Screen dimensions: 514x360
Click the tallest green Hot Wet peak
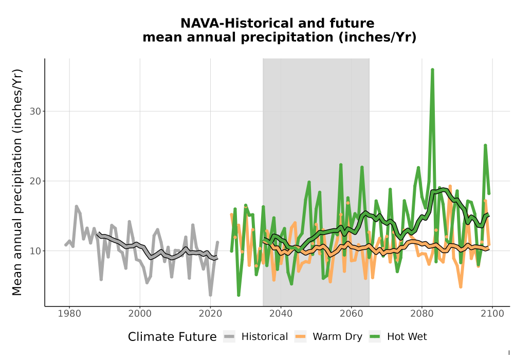(x=432, y=69)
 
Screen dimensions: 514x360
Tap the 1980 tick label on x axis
(x=69, y=314)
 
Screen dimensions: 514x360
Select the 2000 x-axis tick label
(x=140, y=314)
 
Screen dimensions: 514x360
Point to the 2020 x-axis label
(x=210, y=314)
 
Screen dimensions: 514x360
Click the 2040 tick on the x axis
(x=281, y=314)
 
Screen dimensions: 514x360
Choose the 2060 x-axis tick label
(x=351, y=314)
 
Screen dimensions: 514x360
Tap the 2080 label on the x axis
(x=422, y=314)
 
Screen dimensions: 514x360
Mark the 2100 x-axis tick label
(x=492, y=314)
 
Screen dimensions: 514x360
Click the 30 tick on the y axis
(x=35, y=112)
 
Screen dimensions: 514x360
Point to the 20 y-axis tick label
(x=35, y=181)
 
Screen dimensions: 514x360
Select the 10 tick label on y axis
(x=35, y=251)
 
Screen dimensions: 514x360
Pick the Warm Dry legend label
(x=337, y=337)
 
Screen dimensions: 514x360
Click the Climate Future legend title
(x=172, y=337)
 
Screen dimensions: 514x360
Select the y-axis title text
(x=17, y=182)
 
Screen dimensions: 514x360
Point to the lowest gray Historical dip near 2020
(x=210, y=295)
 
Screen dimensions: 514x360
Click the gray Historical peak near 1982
(x=77, y=206)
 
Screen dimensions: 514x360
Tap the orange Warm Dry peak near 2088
(x=450, y=186)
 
